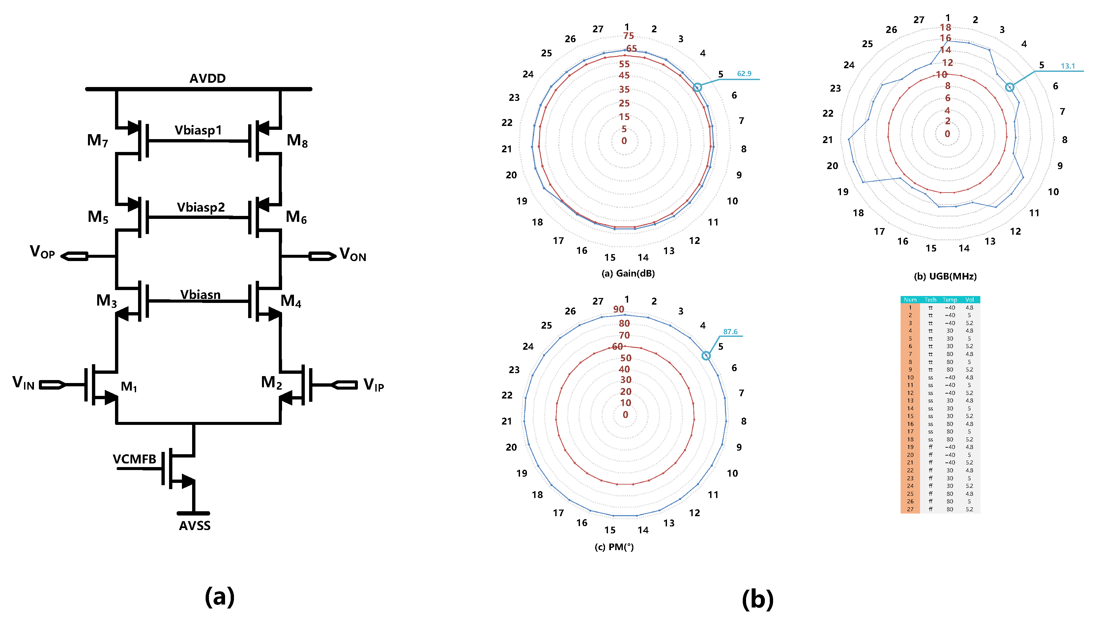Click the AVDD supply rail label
pyautogui.click(x=207, y=78)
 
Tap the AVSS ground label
pyautogui.click(x=194, y=525)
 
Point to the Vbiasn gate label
pyautogui.click(x=200, y=294)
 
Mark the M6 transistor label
pyautogui.click(x=296, y=217)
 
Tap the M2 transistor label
pyautogui.click(x=271, y=383)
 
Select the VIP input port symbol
pyautogui.click(x=344, y=385)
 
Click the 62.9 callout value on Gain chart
pyautogui.click(x=744, y=74)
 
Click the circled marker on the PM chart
pyautogui.click(x=706, y=356)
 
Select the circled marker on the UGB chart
pyautogui.click(x=1009, y=87)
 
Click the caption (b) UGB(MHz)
pyautogui.click(x=945, y=276)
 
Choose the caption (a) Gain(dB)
pyautogui.click(x=628, y=273)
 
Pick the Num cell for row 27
pyautogui.click(x=910, y=509)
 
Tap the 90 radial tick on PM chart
pyautogui.click(x=618, y=309)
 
